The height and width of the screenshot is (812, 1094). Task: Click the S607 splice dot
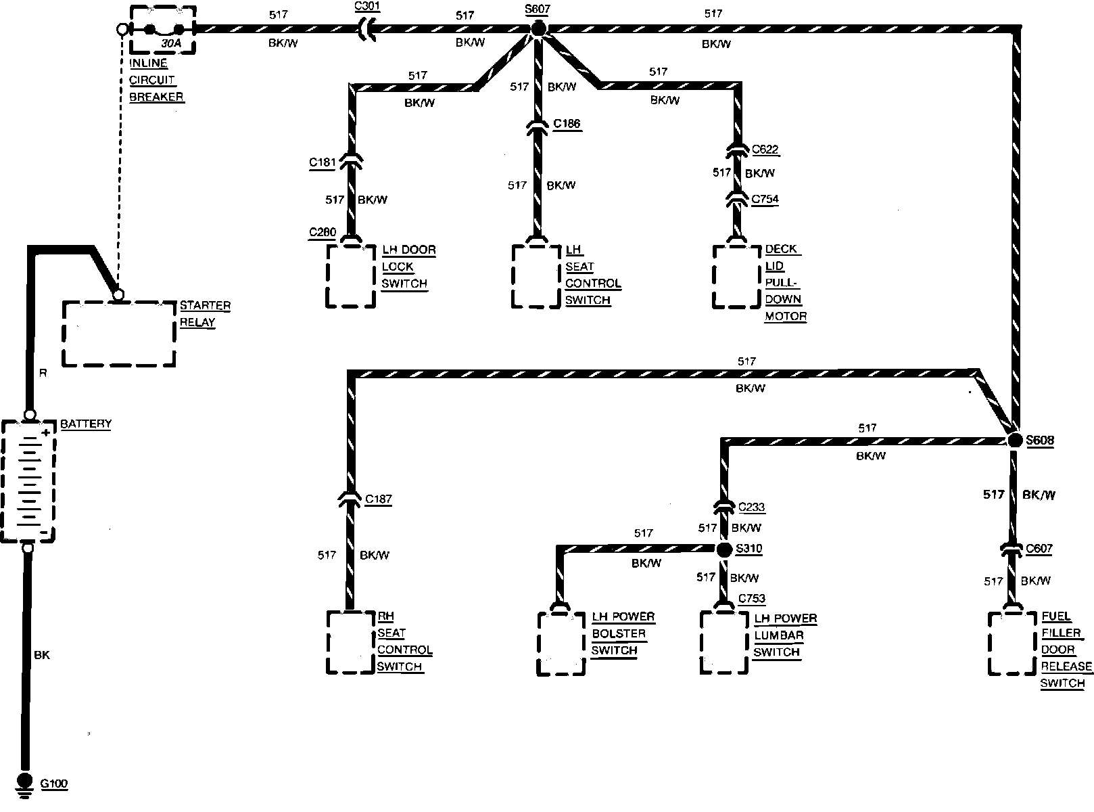pyautogui.click(x=538, y=28)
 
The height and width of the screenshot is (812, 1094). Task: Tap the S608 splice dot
pyautogui.click(x=1014, y=441)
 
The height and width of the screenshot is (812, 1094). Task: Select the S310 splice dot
pyautogui.click(x=724, y=549)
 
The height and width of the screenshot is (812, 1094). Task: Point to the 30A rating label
pyautogui.click(x=170, y=44)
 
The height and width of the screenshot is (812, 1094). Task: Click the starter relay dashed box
pyautogui.click(x=119, y=334)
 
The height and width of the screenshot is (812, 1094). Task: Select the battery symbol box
pyautogui.click(x=28, y=480)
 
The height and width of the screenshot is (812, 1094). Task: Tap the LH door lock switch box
pyautogui.click(x=350, y=275)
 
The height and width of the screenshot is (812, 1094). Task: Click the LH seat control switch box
pyautogui.click(x=536, y=275)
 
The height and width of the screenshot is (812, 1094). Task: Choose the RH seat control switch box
pyautogui.click(x=350, y=642)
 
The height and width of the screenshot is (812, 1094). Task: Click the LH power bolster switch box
pyautogui.click(x=561, y=644)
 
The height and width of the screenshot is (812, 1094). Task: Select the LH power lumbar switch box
pyautogui.click(x=724, y=642)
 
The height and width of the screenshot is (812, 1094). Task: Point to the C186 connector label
pyautogui.click(x=567, y=124)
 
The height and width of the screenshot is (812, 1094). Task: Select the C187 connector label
pyautogui.click(x=378, y=499)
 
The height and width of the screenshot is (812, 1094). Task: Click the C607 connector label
pyautogui.click(x=1039, y=548)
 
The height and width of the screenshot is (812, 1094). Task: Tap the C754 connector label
pyautogui.click(x=765, y=199)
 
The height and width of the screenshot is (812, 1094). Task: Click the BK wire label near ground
pyautogui.click(x=41, y=655)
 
